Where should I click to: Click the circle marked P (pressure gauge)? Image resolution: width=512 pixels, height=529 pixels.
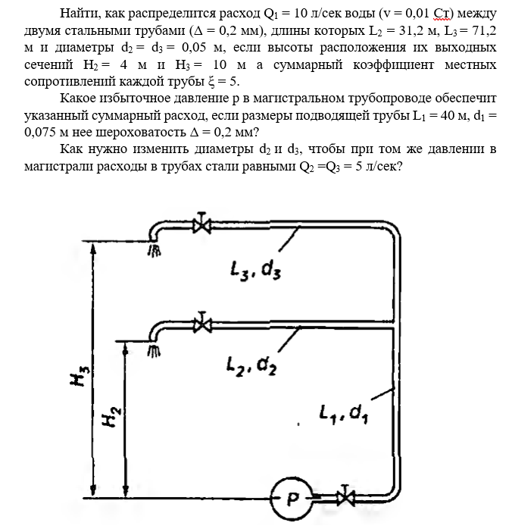click(292, 499)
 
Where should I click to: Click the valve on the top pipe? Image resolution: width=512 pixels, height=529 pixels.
click(201, 225)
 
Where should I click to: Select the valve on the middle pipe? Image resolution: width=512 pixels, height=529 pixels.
click(201, 324)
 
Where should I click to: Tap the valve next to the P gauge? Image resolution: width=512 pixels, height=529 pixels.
click(347, 498)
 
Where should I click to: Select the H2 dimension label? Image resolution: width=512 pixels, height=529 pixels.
click(111, 415)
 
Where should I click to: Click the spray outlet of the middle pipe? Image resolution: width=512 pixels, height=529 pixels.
click(154, 350)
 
